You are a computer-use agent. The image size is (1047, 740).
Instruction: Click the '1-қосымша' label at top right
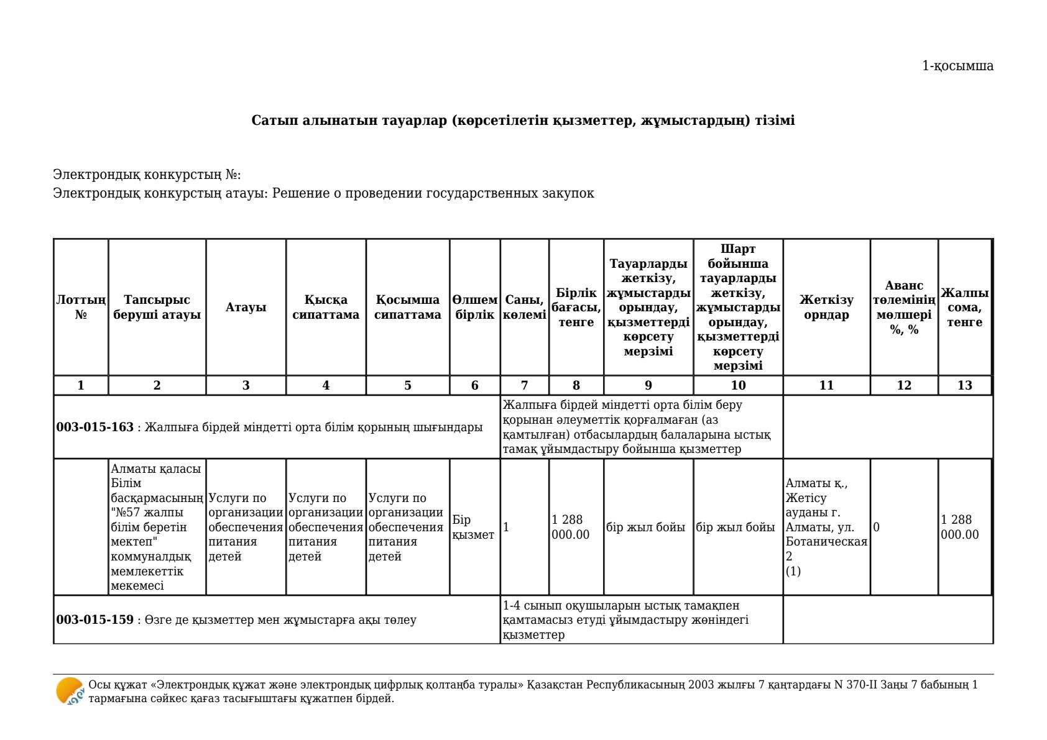tap(957, 66)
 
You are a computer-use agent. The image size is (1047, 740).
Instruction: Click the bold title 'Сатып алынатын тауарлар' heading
tap(523, 120)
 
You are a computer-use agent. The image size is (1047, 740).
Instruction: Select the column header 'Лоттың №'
tap(81, 307)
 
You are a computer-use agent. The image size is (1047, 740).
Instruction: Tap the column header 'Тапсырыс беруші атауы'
tap(157, 307)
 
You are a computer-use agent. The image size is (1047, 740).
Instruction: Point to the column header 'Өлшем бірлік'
tap(474, 307)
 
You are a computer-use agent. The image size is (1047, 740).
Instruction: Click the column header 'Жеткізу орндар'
tap(826, 307)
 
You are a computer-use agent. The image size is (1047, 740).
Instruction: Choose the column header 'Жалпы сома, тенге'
tap(964, 307)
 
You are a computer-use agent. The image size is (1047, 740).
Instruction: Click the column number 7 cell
tap(524, 385)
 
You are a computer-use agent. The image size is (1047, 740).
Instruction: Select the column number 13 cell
tap(964, 385)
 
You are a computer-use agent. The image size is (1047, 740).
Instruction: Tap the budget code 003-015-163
tap(95, 427)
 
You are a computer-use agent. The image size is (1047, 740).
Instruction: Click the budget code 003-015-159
tap(95, 619)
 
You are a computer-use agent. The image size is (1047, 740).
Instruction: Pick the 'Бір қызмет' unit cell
tap(473, 527)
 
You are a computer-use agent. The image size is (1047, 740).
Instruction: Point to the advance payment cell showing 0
tap(877, 527)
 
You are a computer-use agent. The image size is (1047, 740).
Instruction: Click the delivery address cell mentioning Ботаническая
tap(826, 527)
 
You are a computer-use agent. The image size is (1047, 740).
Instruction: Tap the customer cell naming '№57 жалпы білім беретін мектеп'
tap(156, 527)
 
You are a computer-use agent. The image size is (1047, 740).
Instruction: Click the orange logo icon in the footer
tap(70, 691)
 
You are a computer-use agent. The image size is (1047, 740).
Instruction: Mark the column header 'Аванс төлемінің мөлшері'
tap(903, 307)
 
